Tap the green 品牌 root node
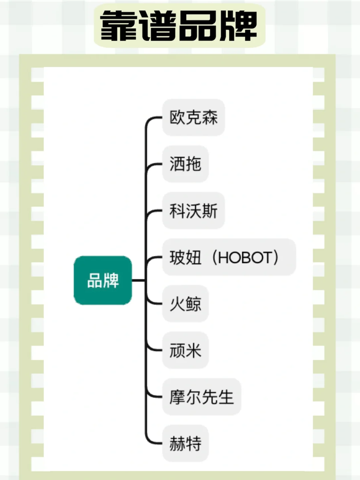[103, 280]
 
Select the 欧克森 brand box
[193, 117]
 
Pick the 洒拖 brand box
[185, 164]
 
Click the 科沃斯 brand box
[193, 211]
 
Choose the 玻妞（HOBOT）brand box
[229, 257]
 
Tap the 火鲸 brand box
[185, 304]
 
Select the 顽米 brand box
[185, 350]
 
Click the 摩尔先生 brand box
[201, 397]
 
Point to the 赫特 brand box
[185, 443]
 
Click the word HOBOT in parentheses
[245, 257]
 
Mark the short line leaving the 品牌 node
[138, 280]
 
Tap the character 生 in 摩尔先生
[226, 397]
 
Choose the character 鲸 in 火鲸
[193, 304]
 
